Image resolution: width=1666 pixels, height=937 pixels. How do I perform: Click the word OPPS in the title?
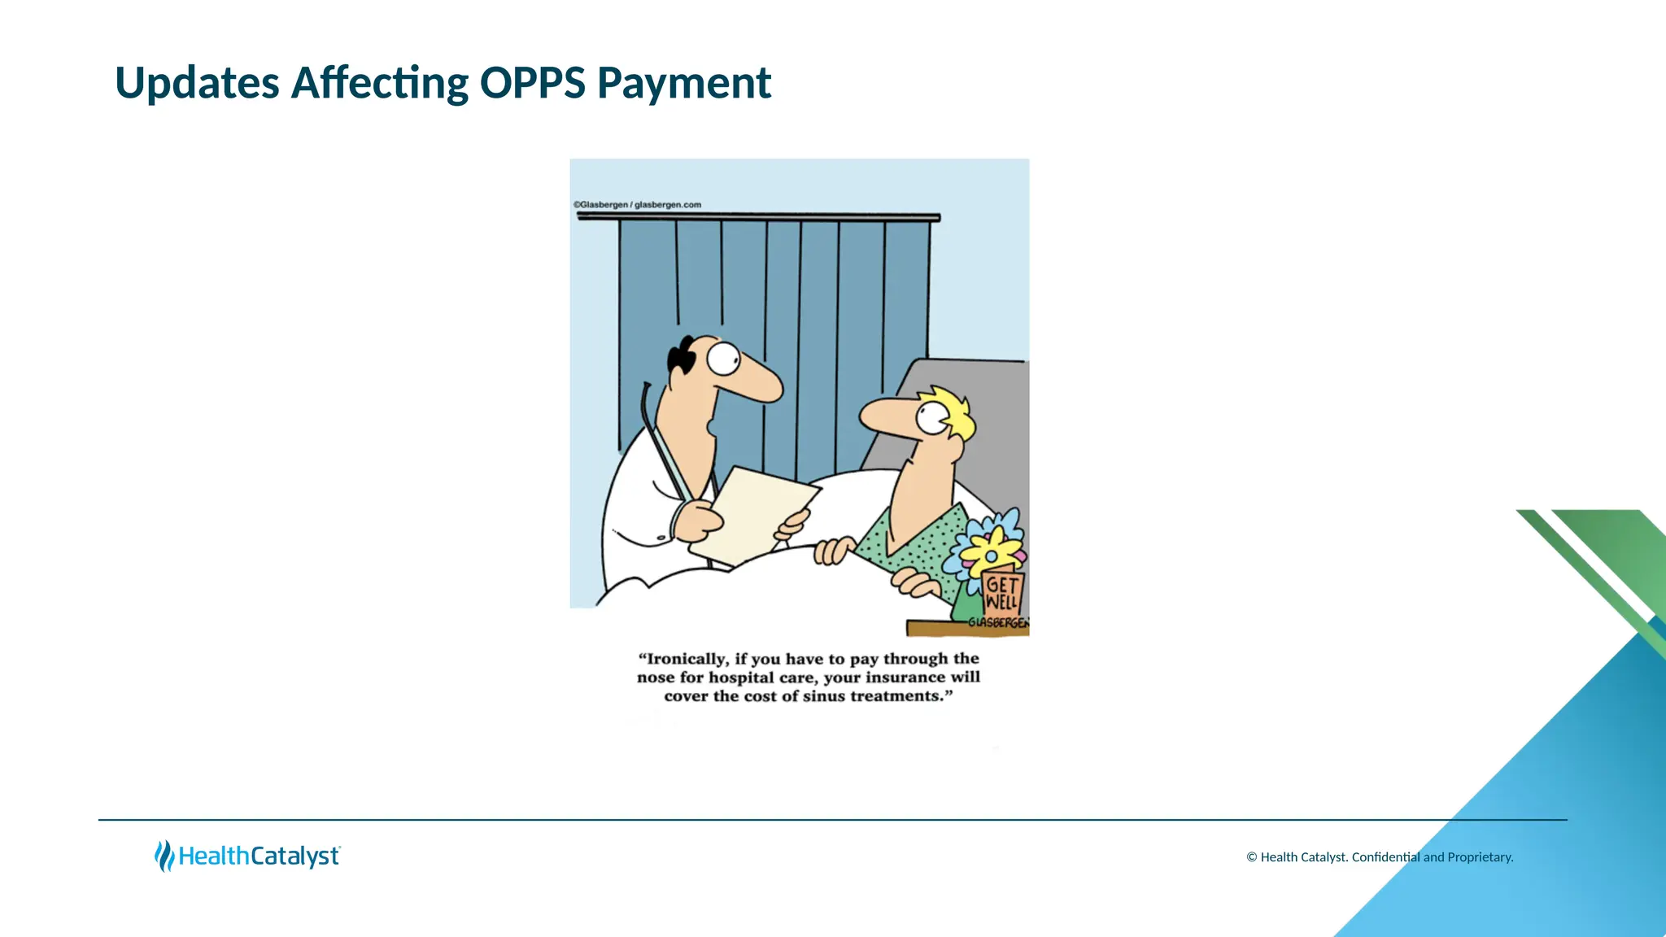click(x=532, y=83)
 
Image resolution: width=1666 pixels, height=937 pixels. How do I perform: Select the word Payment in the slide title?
click(x=683, y=83)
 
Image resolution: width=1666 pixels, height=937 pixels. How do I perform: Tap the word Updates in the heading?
click(x=197, y=83)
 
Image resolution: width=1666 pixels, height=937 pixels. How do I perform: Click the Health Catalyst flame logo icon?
click(x=164, y=856)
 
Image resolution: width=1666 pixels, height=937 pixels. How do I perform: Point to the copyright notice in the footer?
click(x=1380, y=857)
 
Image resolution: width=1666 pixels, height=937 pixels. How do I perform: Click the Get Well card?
click(x=1001, y=593)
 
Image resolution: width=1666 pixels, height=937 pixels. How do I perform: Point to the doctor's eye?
click(x=723, y=358)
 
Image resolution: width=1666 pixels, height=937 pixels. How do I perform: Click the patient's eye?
click(x=931, y=418)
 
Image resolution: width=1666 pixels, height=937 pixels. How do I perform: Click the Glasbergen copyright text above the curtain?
click(x=637, y=205)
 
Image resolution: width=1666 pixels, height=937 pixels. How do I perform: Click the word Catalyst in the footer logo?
click(x=294, y=856)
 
